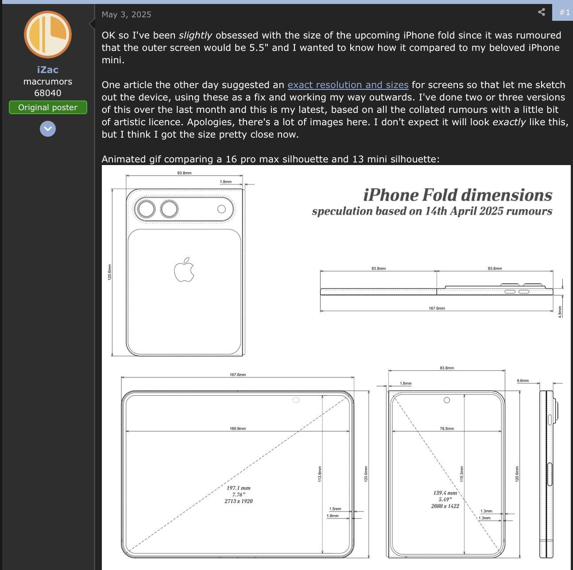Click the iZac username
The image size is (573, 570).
[x=47, y=69]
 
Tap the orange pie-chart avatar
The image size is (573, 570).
[x=47, y=35]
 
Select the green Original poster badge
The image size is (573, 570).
[x=48, y=107]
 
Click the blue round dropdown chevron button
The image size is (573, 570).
[x=48, y=129]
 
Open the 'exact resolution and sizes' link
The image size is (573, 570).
[x=348, y=85]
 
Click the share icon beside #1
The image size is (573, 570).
[x=542, y=12]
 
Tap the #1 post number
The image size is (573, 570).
[x=565, y=12]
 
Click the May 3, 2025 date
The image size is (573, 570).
[x=126, y=14]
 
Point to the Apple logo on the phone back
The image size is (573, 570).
[x=184, y=270]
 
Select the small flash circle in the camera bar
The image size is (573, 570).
[x=221, y=209]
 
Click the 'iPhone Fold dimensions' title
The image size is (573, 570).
[x=457, y=195]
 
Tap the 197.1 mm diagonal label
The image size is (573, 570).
[x=239, y=488]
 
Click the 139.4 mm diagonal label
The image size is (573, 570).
[x=445, y=493]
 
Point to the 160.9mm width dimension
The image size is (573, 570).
[x=238, y=428]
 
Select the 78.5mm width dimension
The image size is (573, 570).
[x=447, y=428]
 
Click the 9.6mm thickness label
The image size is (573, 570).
[x=523, y=381]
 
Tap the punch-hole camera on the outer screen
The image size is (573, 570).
[x=447, y=400]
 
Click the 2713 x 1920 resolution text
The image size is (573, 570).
[x=239, y=501]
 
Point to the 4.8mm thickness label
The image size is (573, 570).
[x=560, y=312]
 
